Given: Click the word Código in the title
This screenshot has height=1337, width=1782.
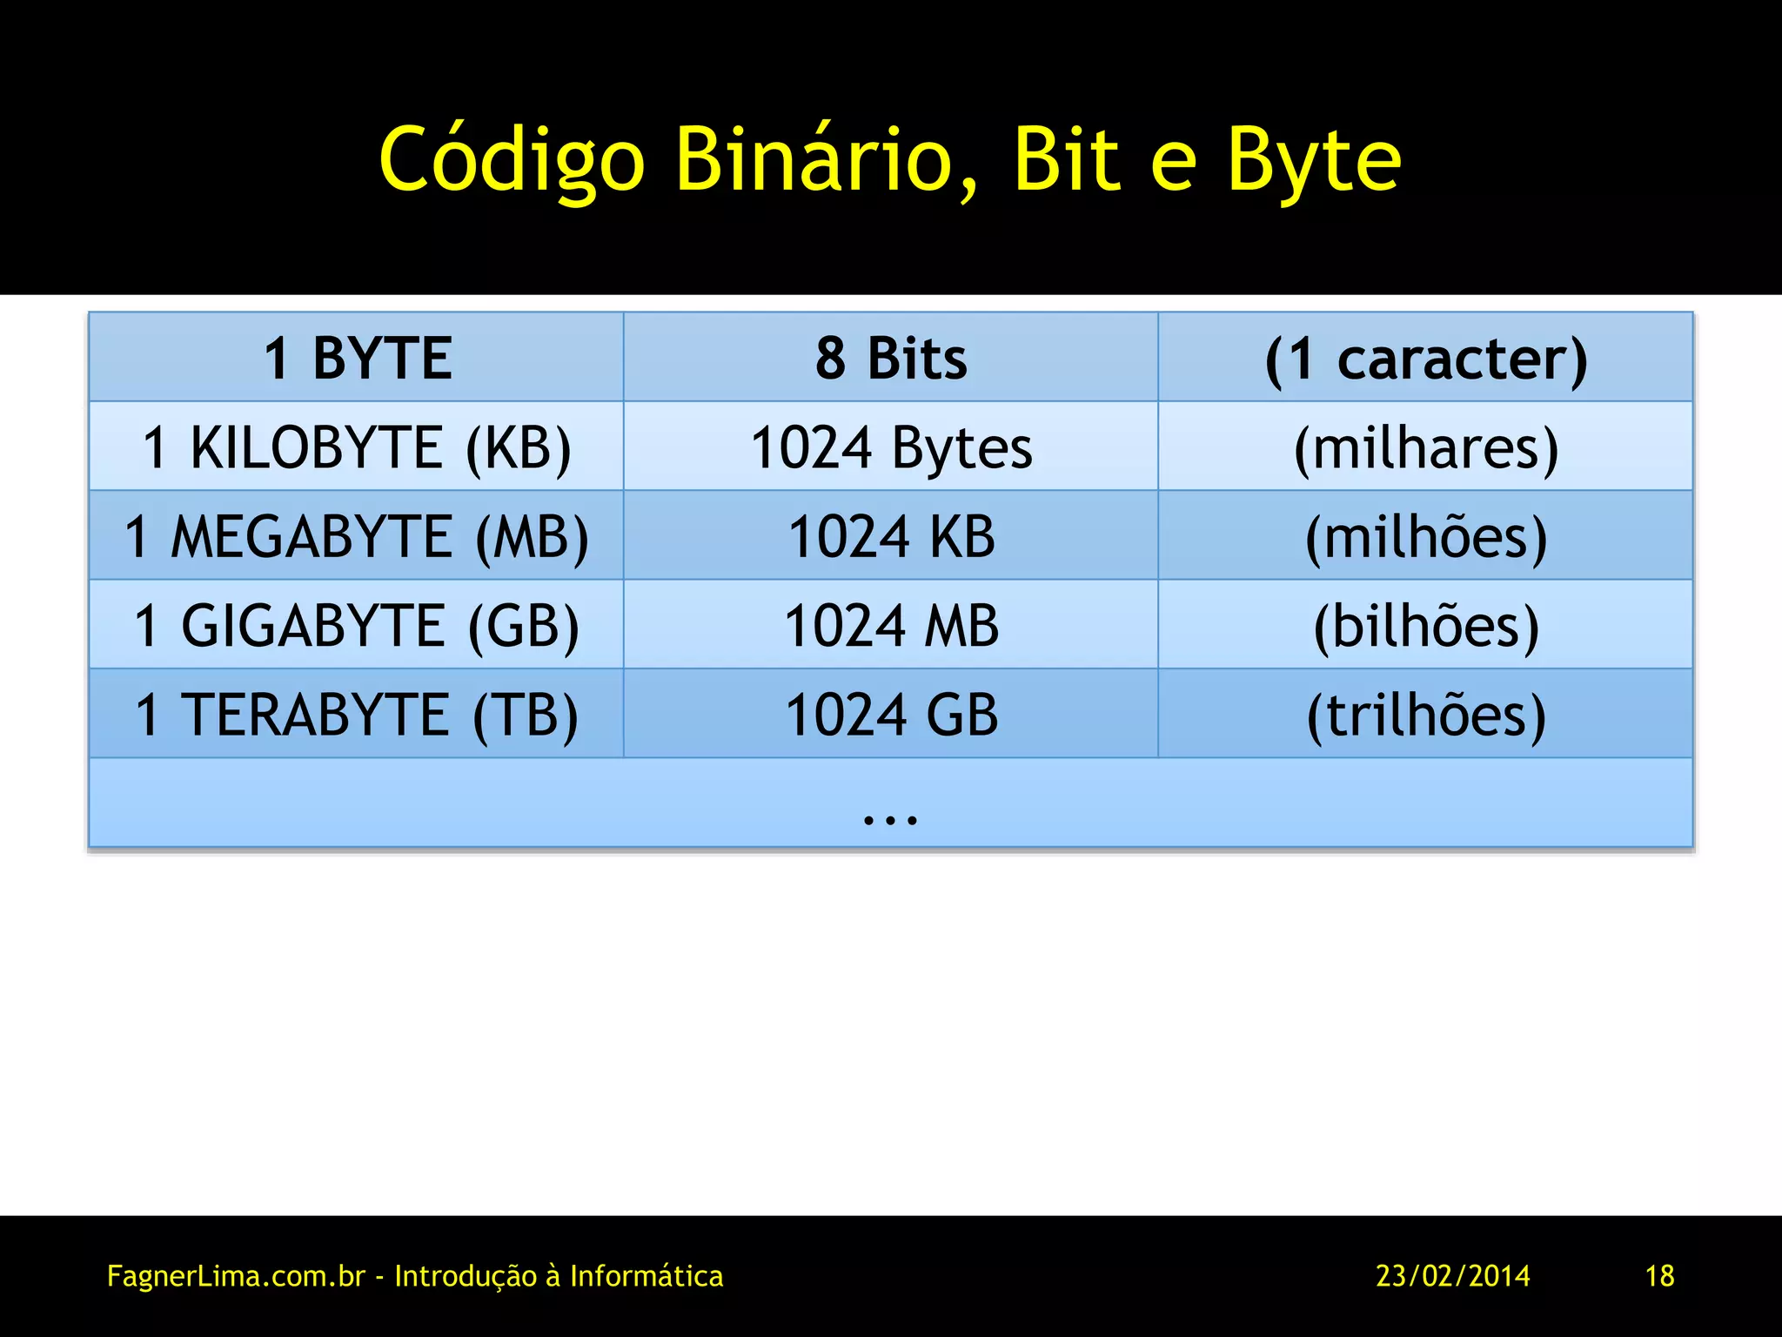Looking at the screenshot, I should click(512, 160).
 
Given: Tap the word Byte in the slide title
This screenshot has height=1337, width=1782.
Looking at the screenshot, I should click(1314, 160).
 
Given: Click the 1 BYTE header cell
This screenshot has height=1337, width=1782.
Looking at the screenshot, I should click(357, 358).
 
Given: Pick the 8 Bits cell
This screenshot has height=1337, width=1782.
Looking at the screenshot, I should click(891, 358).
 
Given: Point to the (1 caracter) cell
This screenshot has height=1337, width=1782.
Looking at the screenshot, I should click(1425, 358).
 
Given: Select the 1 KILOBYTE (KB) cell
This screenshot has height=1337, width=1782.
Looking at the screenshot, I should click(357, 447).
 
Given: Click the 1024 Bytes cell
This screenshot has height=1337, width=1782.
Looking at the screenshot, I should click(891, 447).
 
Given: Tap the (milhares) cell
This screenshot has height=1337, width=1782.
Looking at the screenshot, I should click(1425, 447).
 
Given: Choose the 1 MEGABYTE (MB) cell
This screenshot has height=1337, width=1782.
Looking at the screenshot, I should click(357, 536).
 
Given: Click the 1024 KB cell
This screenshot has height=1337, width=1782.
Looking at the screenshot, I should click(891, 536).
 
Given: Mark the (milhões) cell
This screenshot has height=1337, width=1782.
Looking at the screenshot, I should click(1425, 536).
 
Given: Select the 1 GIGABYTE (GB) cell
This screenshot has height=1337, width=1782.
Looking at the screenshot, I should click(357, 625).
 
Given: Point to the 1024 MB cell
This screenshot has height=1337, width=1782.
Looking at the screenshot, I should click(891, 625).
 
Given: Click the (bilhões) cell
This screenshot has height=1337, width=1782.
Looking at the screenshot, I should click(1425, 625).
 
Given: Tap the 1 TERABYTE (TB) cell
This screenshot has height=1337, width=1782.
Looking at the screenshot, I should click(357, 715).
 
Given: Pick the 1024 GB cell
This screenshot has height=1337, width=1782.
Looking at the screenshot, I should click(891, 715).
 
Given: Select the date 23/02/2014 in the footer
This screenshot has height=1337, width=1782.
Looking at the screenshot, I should click(1452, 1276).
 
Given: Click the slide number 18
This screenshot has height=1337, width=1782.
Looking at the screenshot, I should click(1659, 1276).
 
